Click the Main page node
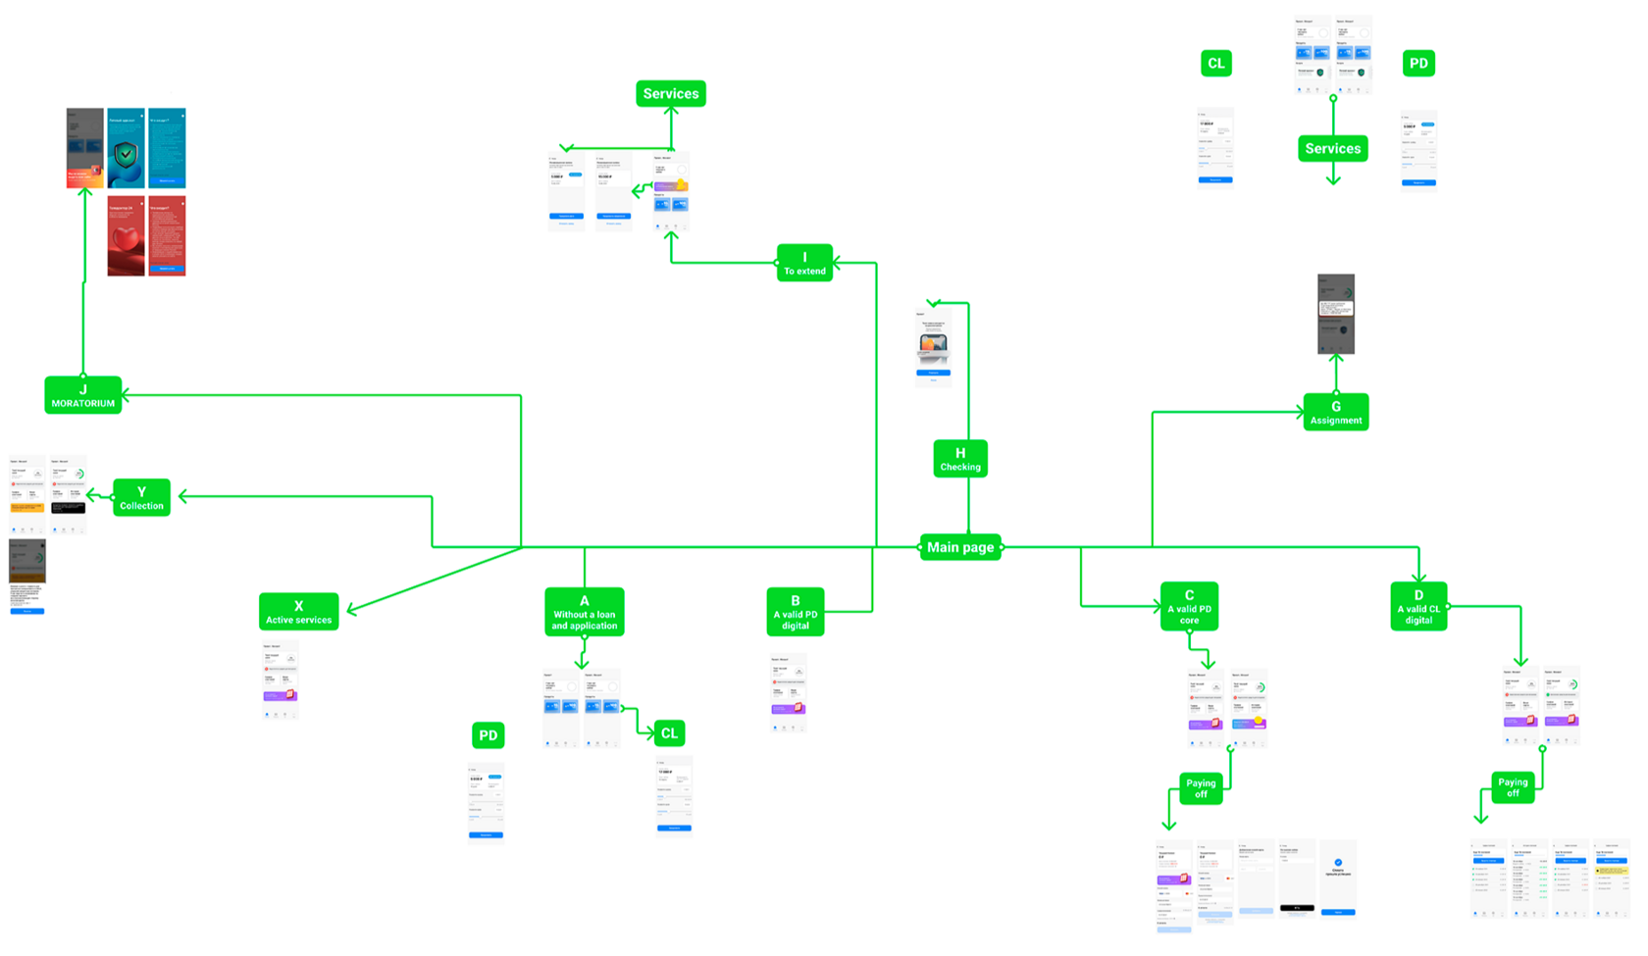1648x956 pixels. [x=960, y=547]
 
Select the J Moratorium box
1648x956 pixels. [x=83, y=395]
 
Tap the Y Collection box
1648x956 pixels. [x=141, y=498]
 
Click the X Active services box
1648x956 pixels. [x=298, y=612]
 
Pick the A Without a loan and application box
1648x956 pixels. [x=585, y=613]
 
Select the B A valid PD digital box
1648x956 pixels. [x=795, y=612]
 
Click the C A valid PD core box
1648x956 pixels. [x=1189, y=607]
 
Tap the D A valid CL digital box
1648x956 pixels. [x=1418, y=607]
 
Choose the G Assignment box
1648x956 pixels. [x=1335, y=412]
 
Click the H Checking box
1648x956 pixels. [x=959, y=459]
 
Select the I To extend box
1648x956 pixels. [x=804, y=263]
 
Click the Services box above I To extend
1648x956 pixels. [x=671, y=94]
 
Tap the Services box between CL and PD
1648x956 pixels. [x=1332, y=149]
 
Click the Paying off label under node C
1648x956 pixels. [x=1201, y=788]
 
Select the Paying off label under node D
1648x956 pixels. [x=1513, y=787]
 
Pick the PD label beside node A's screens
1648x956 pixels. [x=488, y=735]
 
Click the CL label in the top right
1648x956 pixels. [x=1215, y=64]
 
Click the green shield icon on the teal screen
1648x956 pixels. [x=126, y=154]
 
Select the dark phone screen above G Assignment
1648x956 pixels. [x=1335, y=314]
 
